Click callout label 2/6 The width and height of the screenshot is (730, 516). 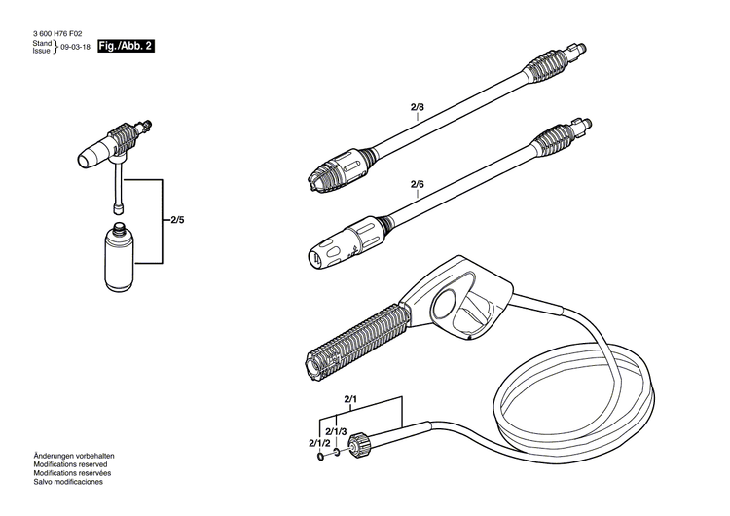click(x=418, y=184)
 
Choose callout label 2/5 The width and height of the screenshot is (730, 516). click(x=177, y=221)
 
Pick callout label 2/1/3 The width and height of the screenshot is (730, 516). click(x=337, y=432)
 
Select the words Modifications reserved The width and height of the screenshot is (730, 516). click(x=61, y=464)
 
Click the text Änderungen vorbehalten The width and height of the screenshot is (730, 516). click(x=61, y=457)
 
